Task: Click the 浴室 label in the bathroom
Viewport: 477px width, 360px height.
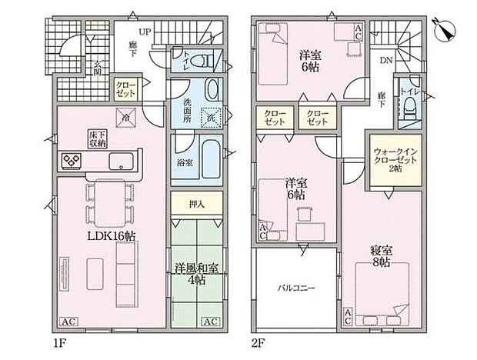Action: coord(185,163)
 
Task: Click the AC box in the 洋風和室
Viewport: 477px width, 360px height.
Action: coord(208,321)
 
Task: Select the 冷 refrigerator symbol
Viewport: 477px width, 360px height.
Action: coord(126,117)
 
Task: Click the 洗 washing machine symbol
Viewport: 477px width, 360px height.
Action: coord(211,118)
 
